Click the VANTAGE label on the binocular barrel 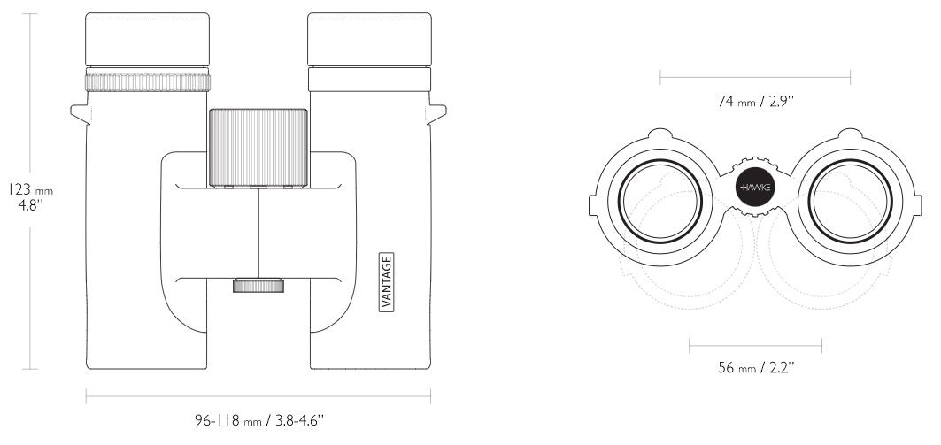click(x=387, y=281)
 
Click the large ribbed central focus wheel click(x=258, y=147)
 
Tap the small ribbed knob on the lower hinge click(x=258, y=285)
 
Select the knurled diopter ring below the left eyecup click(x=148, y=82)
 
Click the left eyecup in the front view click(x=148, y=41)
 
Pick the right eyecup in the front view click(x=368, y=41)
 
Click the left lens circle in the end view click(x=661, y=202)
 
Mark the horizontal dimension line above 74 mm click(x=755, y=78)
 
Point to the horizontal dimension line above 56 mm click(x=755, y=345)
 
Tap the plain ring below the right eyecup click(x=368, y=81)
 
